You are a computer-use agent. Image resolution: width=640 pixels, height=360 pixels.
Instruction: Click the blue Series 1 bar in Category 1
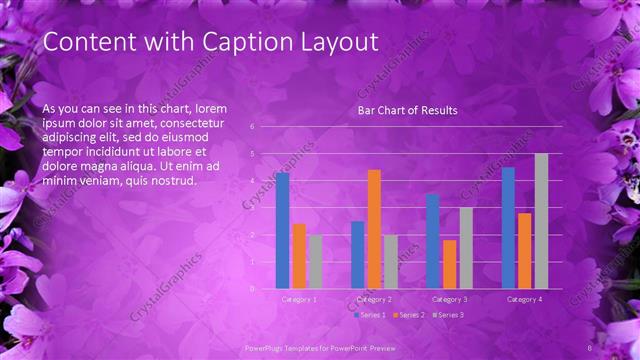click(x=282, y=231)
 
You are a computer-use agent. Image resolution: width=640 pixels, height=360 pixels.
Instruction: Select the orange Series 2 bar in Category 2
click(x=374, y=229)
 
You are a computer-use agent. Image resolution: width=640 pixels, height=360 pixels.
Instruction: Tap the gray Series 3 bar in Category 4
click(x=541, y=221)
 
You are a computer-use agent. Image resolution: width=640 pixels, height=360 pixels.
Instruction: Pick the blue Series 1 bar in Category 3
click(x=432, y=241)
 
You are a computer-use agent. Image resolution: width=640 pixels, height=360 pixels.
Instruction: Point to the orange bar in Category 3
click(x=449, y=264)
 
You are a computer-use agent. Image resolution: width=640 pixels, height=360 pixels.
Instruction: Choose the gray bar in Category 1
click(x=315, y=262)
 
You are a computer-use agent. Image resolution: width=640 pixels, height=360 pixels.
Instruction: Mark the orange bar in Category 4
click(x=524, y=251)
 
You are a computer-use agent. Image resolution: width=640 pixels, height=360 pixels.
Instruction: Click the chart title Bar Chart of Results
click(x=407, y=110)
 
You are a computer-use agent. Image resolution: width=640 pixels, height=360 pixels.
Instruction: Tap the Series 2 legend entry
click(x=410, y=315)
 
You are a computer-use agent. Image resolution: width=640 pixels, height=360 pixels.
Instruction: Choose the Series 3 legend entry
click(x=449, y=315)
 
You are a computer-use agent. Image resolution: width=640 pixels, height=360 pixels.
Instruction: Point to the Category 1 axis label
click(x=299, y=299)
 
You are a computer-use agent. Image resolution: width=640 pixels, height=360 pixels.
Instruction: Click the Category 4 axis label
click(x=524, y=299)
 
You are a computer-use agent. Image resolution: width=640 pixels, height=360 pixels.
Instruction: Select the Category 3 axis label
click(x=449, y=299)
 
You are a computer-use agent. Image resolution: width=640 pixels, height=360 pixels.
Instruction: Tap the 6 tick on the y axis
click(x=252, y=127)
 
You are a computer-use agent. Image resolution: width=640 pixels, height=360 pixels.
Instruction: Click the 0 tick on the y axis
click(x=252, y=289)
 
